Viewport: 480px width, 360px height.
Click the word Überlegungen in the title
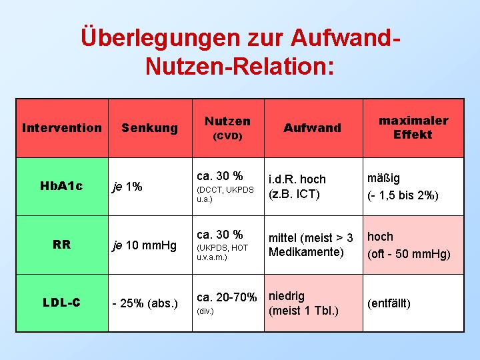[x=161, y=37]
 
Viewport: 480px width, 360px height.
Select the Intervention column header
[x=62, y=127]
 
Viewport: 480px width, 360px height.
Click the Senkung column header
[x=150, y=128]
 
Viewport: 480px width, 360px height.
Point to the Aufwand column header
[x=312, y=127]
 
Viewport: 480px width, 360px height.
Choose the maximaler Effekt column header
[x=413, y=127]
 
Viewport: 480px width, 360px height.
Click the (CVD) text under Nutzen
[x=227, y=136]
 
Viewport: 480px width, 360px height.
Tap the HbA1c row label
[x=61, y=185]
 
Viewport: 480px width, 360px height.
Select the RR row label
[x=62, y=245]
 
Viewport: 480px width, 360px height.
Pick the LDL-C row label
[x=61, y=303]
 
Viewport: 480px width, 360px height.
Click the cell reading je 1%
[x=127, y=187]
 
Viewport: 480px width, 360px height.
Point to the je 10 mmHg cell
[x=145, y=245]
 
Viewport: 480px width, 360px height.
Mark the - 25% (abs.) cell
[x=145, y=303]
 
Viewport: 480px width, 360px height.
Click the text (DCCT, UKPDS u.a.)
[x=225, y=195]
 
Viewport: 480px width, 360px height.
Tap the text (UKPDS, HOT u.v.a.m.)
[x=223, y=252]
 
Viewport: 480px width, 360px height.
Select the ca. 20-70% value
[x=227, y=297]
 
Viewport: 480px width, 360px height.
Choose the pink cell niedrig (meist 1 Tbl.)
[x=313, y=303]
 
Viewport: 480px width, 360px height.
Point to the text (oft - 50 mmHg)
[x=409, y=254]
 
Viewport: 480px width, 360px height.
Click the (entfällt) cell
[x=389, y=303]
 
